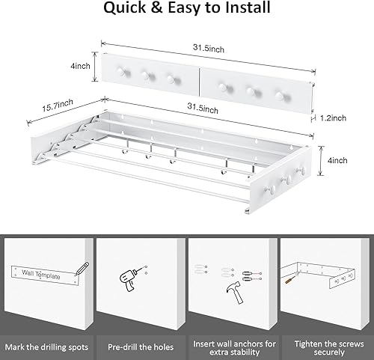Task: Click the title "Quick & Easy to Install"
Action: [186, 10]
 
